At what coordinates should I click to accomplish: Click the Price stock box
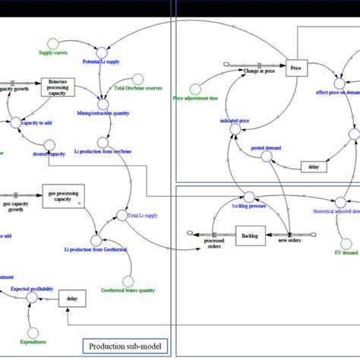295,69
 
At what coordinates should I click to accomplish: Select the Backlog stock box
250,237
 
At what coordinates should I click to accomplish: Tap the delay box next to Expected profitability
71,298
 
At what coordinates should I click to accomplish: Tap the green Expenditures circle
31,332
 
